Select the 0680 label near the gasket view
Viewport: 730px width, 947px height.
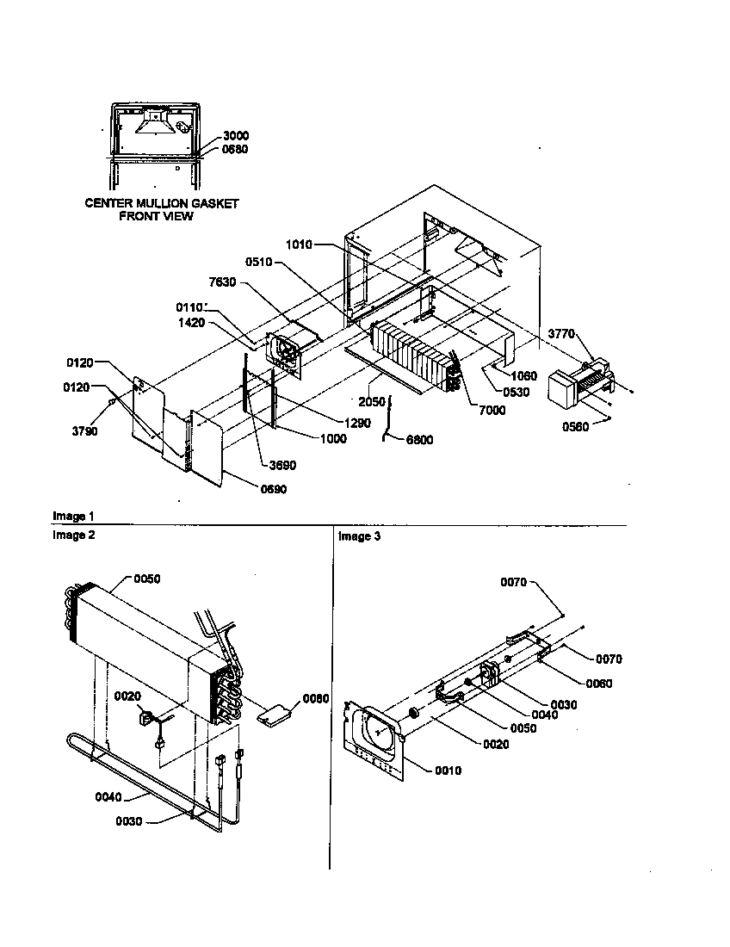pos(235,149)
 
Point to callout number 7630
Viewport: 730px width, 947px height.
pos(221,282)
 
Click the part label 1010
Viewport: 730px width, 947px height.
pos(299,245)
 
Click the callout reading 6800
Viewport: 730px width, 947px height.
pos(418,440)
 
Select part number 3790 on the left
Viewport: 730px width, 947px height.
pos(84,430)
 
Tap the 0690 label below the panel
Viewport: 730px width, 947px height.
pos(273,489)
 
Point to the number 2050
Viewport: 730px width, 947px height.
pos(373,401)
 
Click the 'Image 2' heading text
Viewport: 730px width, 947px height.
pos(74,535)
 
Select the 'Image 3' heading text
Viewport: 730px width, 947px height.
pos(359,536)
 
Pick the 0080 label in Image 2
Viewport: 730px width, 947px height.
pos(316,698)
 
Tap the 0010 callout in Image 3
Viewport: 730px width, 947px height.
pos(448,771)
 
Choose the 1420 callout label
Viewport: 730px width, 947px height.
pos(190,323)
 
